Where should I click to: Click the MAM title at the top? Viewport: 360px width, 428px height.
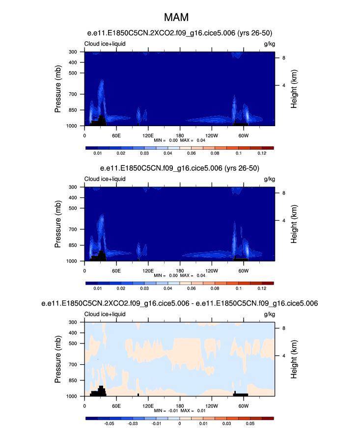point(180,18)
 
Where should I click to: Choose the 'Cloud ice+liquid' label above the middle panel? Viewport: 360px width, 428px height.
point(105,179)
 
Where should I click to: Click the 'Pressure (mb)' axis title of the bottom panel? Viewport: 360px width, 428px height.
point(58,359)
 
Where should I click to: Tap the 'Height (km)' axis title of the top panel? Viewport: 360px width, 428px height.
point(295,89)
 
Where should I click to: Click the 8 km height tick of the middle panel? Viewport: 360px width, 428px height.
point(283,193)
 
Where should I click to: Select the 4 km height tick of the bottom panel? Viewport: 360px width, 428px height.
point(283,356)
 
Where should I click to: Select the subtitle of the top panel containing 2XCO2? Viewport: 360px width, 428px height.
point(180,33)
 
